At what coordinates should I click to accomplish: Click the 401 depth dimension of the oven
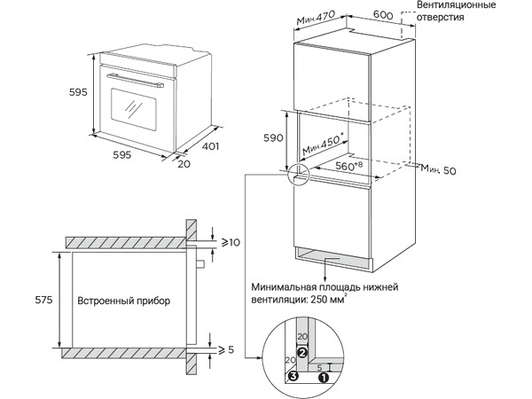[208, 146]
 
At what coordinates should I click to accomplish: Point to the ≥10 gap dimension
[231, 242]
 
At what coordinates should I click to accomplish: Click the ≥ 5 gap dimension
[226, 350]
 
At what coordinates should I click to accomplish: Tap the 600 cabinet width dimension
[383, 14]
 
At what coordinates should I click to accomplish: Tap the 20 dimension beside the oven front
[184, 163]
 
